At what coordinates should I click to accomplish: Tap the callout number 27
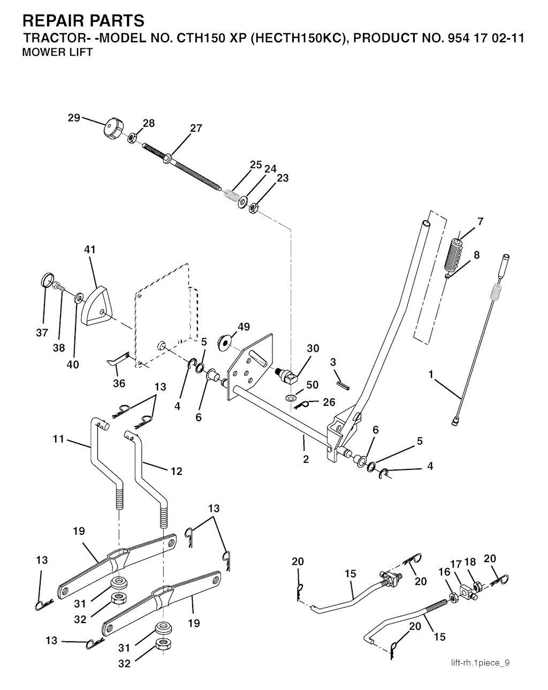click(x=196, y=128)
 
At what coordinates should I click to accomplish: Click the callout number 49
click(x=243, y=327)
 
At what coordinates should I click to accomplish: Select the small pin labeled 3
click(x=342, y=385)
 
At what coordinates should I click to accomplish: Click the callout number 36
click(x=119, y=383)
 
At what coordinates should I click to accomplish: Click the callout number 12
click(x=176, y=471)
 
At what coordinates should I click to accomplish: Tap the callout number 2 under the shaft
click(x=306, y=459)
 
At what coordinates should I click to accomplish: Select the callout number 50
click(x=313, y=385)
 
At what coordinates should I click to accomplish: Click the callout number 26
click(x=329, y=402)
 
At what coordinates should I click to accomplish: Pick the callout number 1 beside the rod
click(x=431, y=375)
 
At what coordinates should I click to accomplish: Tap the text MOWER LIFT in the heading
click(x=57, y=52)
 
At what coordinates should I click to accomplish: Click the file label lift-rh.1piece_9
click(x=480, y=662)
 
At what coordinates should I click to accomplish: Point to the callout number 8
click(x=476, y=255)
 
